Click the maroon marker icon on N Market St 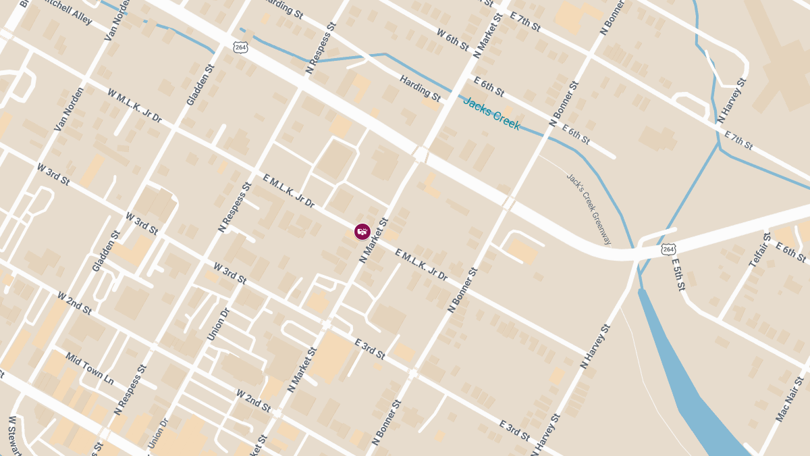[x=362, y=232]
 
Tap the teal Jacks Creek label [x=491, y=113]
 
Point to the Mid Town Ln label [x=90, y=369]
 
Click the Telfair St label [x=759, y=250]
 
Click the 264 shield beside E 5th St [x=668, y=249]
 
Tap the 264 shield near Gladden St [x=241, y=47]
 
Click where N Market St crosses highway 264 [x=421, y=155]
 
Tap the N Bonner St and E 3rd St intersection [x=413, y=373]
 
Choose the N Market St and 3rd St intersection [x=327, y=324]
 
